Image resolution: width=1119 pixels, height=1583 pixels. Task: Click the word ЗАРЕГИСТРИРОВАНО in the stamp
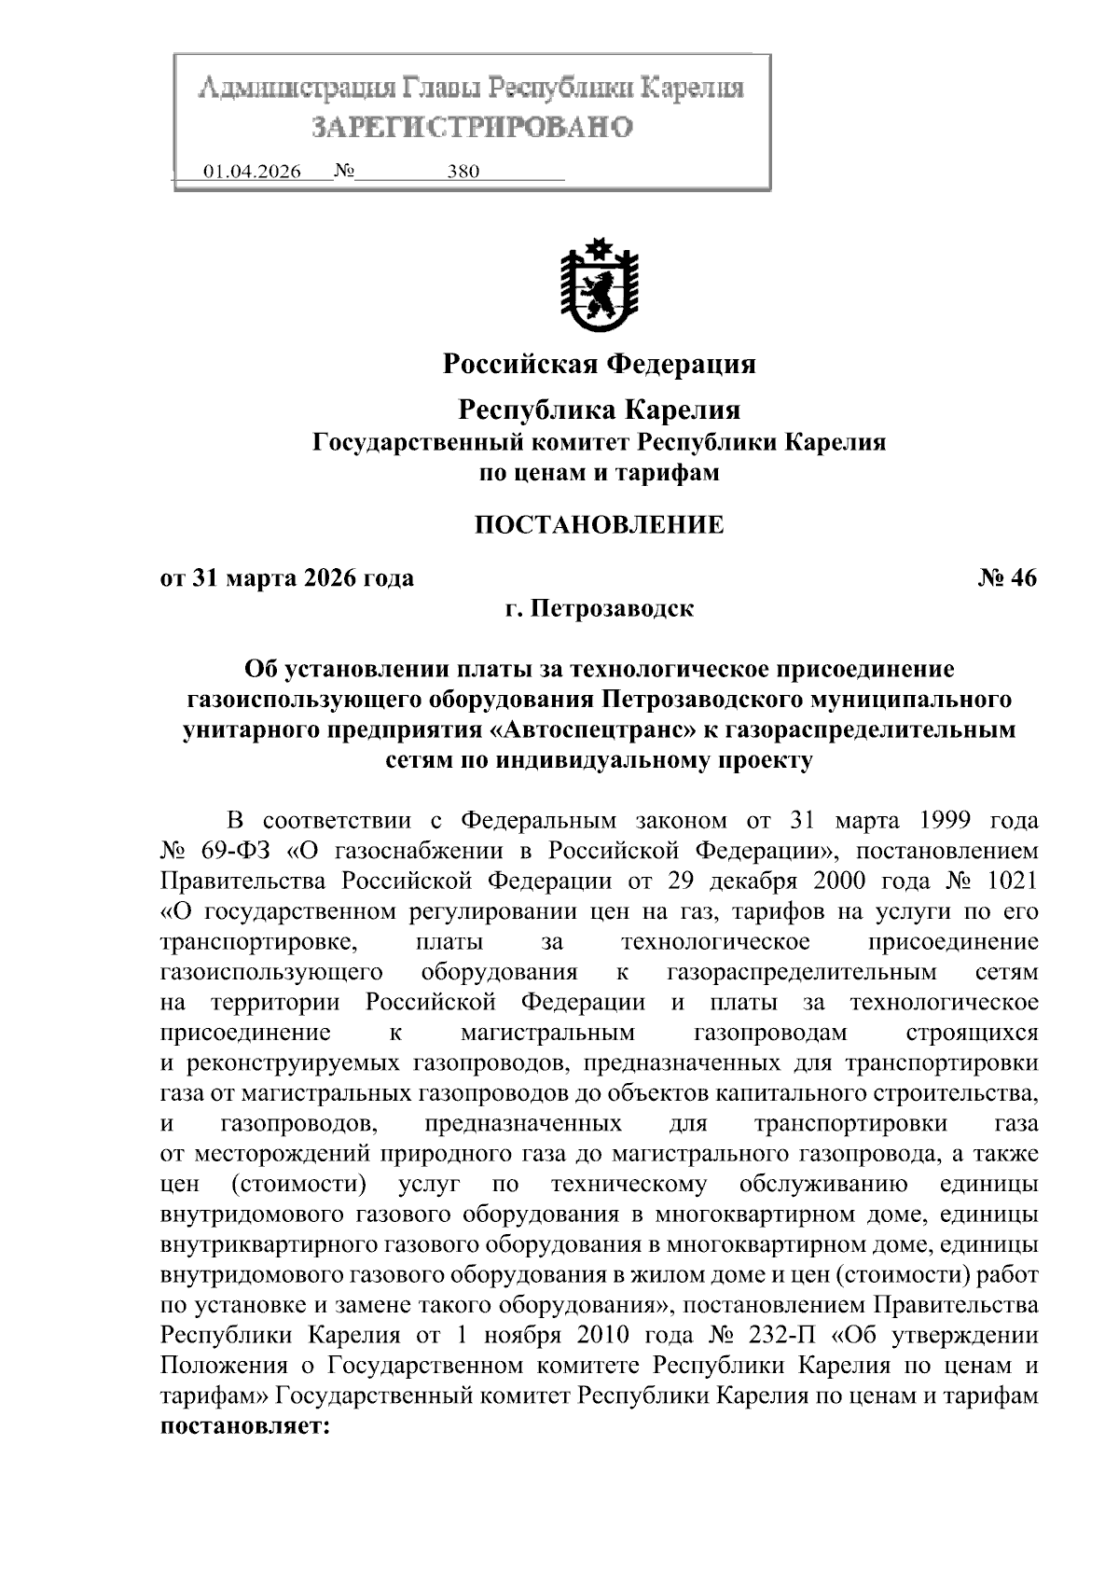tap(472, 127)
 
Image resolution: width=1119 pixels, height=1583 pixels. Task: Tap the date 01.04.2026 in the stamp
tap(252, 173)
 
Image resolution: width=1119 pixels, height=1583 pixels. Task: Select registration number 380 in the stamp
tap(463, 173)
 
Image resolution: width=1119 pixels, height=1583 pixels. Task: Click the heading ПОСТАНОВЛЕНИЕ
tap(599, 525)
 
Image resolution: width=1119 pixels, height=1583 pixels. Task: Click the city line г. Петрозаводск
tap(599, 609)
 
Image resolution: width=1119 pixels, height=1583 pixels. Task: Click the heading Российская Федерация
tap(599, 364)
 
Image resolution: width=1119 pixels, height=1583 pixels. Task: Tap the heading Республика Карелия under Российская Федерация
tap(599, 410)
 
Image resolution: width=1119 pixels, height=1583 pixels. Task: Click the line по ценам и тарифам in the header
tap(599, 473)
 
